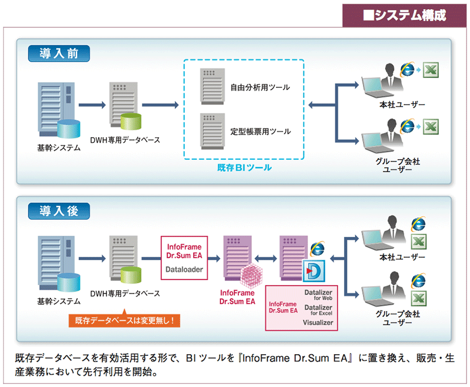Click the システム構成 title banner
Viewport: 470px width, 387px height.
point(404,15)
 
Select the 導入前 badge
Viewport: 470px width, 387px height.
point(59,53)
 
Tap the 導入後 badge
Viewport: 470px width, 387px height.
point(59,211)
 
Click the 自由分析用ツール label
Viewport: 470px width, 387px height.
point(260,87)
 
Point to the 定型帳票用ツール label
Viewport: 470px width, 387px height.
point(260,131)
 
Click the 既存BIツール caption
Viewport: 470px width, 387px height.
point(244,167)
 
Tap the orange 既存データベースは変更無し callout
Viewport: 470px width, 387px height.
point(125,320)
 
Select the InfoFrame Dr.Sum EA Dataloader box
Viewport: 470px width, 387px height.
point(185,258)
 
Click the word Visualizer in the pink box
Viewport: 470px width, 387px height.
point(318,322)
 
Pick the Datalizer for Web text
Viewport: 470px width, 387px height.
point(318,295)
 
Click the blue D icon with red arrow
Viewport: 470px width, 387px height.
point(314,271)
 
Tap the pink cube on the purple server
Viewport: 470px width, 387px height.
point(251,275)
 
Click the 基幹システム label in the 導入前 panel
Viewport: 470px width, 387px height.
point(59,147)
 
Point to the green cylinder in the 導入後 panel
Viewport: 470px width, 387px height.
point(131,275)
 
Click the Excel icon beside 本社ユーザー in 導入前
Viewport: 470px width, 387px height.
point(431,70)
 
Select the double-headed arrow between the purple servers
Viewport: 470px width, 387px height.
point(266,258)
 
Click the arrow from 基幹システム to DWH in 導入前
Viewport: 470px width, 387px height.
point(92,105)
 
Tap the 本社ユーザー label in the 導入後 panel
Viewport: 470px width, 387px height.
point(402,257)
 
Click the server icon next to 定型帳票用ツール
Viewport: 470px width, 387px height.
point(212,131)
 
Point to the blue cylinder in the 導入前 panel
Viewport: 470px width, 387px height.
point(69,129)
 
